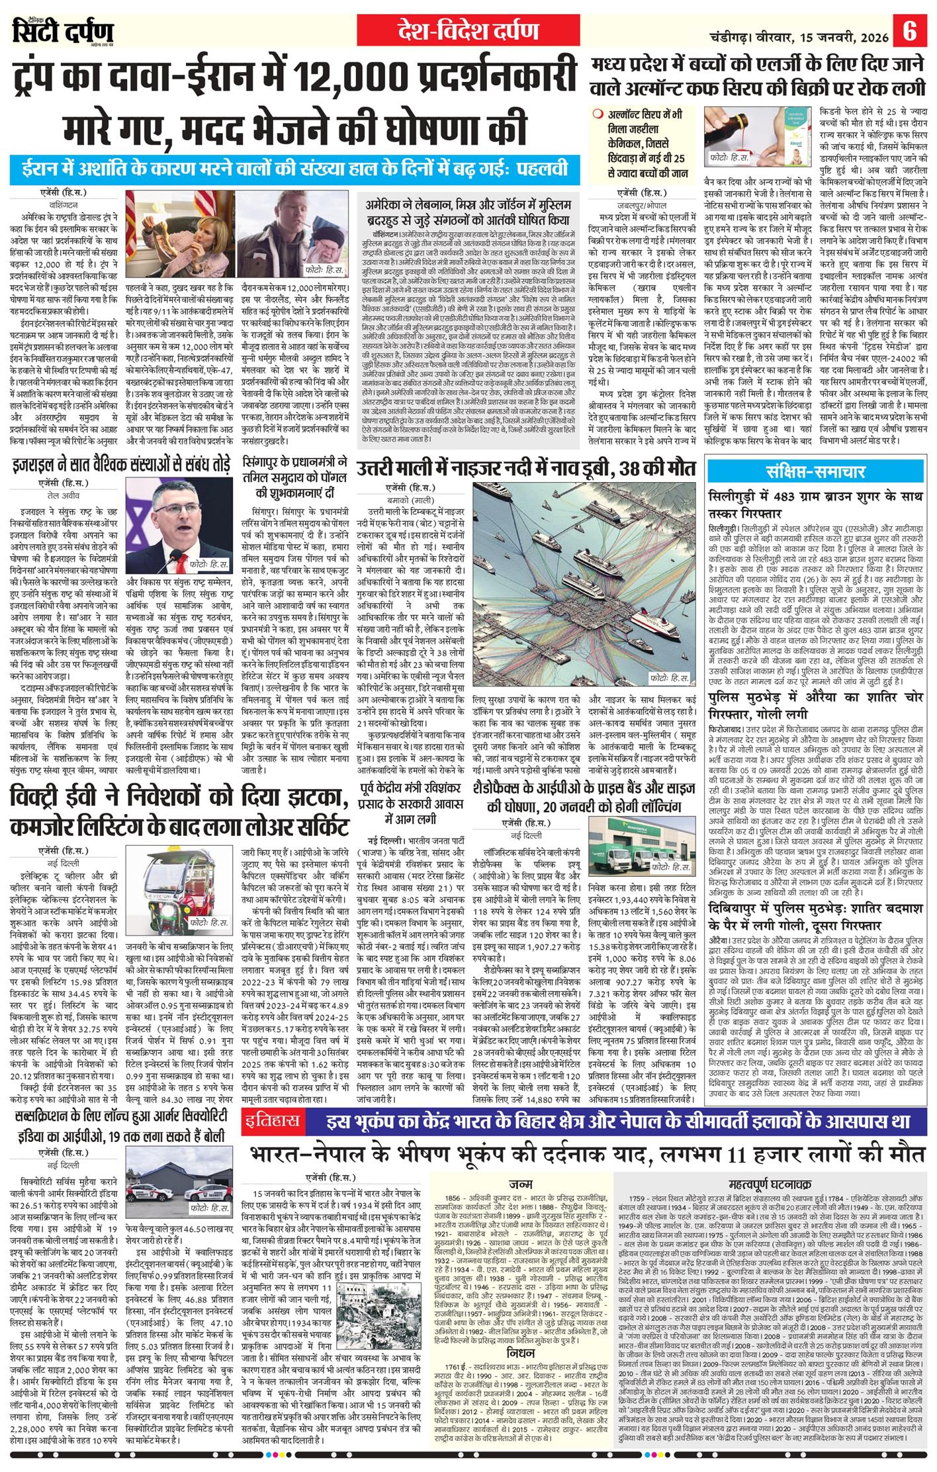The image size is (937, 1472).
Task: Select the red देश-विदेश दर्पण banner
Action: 468,30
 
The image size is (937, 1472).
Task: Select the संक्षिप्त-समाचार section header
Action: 815,471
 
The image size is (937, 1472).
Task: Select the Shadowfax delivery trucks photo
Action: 640,842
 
